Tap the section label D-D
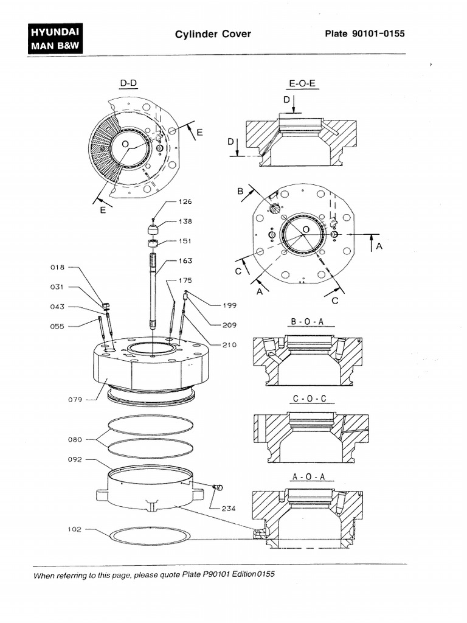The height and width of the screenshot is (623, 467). pos(128,83)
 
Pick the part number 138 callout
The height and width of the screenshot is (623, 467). pos(185,221)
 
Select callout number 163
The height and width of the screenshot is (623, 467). pos(185,261)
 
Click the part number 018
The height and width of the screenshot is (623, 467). pos(57,267)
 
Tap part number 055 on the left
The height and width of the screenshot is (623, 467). pos(57,326)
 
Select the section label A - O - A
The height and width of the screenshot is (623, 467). pos(310,478)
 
